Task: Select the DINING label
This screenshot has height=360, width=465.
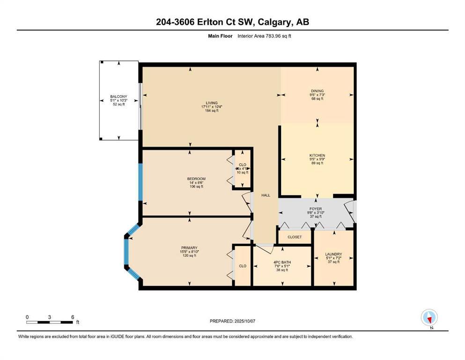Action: coord(317,91)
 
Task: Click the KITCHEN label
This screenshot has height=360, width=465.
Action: coord(317,155)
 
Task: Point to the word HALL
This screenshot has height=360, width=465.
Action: coord(266,195)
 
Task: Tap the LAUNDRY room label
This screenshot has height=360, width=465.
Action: coord(333,254)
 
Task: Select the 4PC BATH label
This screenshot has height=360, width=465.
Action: coord(282,262)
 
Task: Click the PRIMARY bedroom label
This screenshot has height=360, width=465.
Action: coord(189,248)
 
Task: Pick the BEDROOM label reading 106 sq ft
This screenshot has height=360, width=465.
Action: coord(196,179)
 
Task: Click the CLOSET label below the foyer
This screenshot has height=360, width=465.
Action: coord(295,237)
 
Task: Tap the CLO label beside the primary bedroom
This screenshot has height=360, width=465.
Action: coord(243,266)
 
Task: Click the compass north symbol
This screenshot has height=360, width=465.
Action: coord(429,318)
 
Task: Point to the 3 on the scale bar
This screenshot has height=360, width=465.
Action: coord(50,317)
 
